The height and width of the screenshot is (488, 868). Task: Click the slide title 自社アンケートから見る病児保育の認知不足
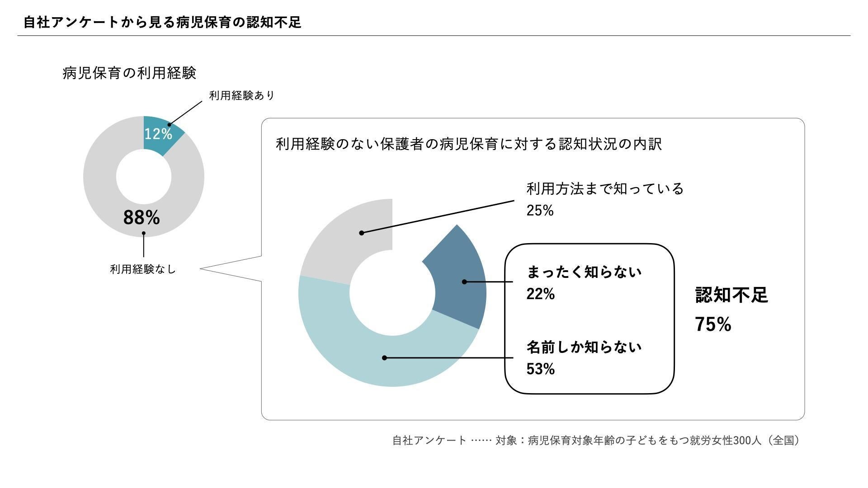tap(162, 22)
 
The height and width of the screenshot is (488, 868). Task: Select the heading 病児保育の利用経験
tap(129, 73)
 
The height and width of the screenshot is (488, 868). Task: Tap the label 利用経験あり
tap(241, 96)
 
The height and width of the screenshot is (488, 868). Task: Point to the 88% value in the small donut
tap(142, 217)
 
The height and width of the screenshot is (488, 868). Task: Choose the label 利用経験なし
tap(142, 269)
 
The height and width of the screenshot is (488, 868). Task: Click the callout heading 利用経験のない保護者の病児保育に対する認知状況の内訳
tap(468, 144)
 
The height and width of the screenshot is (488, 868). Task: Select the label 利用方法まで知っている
tap(605, 189)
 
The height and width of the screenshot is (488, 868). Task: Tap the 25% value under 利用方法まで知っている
tap(540, 211)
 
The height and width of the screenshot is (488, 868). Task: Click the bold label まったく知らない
tap(584, 272)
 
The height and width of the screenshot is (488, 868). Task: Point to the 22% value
tap(540, 294)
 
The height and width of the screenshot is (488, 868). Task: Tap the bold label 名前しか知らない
tap(584, 347)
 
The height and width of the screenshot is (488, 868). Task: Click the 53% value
tap(540, 369)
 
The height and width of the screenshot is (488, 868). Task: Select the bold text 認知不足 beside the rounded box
tap(731, 295)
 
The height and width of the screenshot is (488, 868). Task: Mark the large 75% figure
tap(713, 324)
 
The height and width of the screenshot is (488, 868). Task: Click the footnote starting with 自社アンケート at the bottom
tap(596, 440)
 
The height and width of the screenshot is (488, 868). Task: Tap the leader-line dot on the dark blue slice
tap(464, 282)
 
